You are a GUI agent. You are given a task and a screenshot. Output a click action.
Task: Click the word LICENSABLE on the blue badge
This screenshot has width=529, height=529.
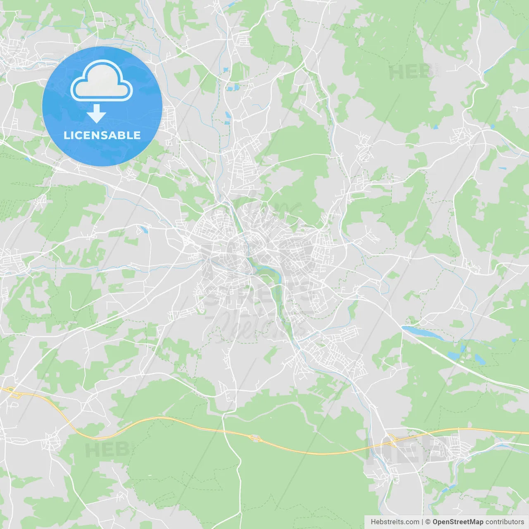[102, 135]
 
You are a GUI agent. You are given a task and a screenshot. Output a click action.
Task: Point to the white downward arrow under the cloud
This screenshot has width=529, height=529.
[97, 113]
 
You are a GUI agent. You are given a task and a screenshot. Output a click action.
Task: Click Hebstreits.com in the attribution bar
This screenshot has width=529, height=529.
[395, 522]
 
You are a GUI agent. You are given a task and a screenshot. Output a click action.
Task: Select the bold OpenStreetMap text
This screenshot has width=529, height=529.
[458, 522]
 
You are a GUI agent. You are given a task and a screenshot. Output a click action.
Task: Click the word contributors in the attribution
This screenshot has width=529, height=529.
[505, 522]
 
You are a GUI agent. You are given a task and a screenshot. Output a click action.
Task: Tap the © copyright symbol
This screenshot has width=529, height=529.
[428, 522]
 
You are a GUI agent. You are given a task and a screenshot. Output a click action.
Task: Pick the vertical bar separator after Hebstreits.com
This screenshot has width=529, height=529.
[422, 522]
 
